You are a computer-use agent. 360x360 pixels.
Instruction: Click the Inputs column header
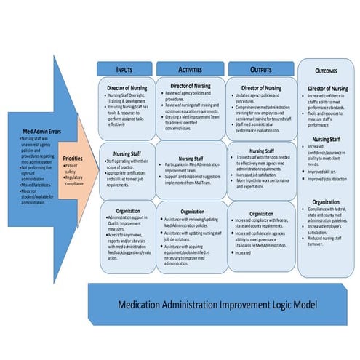[125, 68]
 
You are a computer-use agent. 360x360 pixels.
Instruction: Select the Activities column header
[190, 68]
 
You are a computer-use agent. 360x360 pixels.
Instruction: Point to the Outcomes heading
[325, 71]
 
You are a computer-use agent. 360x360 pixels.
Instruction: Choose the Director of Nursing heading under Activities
[191, 87]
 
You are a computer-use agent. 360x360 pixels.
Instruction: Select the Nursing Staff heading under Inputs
[127, 153]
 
